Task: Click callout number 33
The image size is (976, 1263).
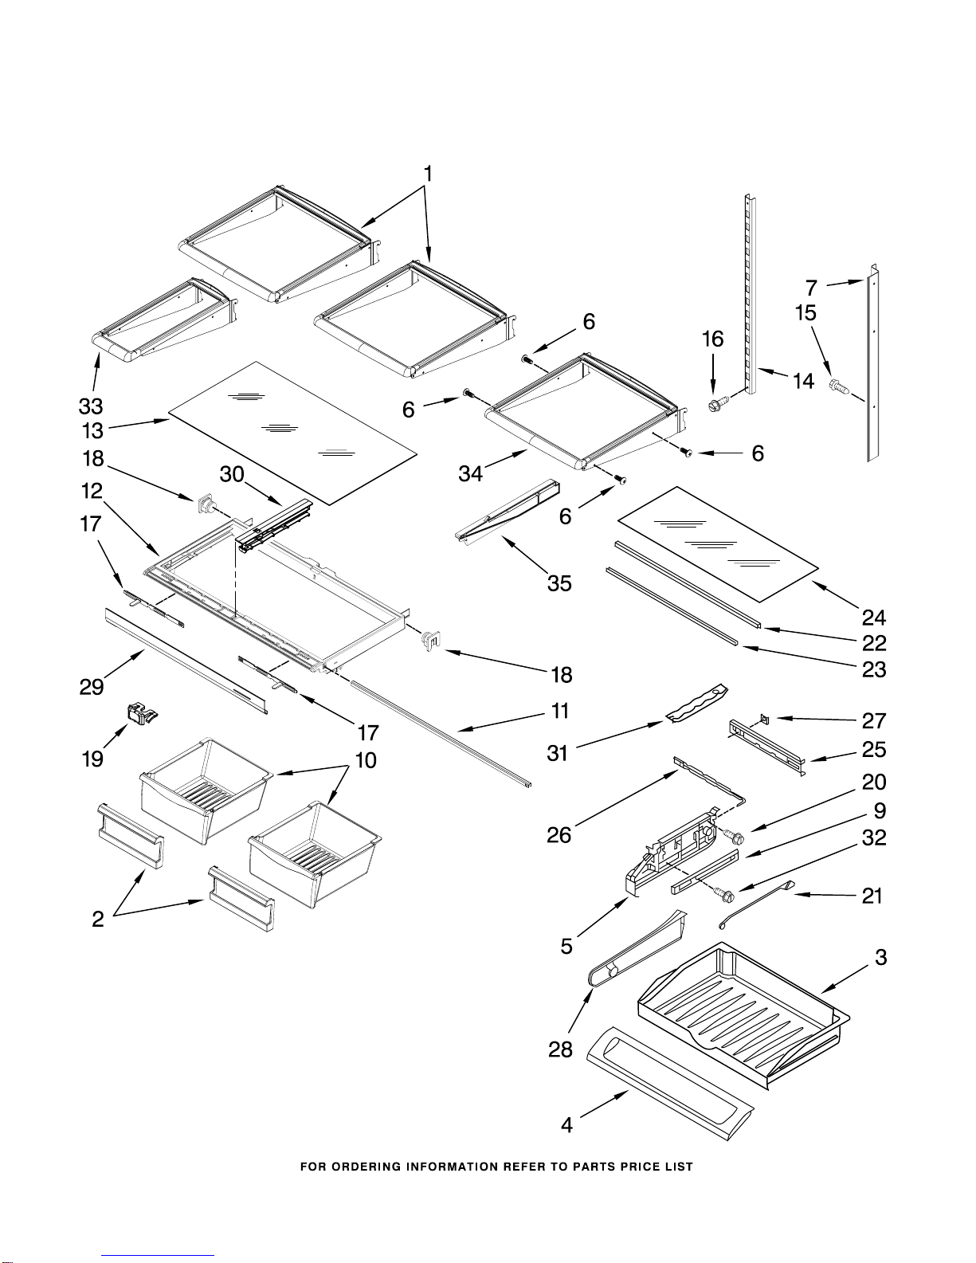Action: (91, 406)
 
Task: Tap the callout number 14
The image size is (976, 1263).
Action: (803, 382)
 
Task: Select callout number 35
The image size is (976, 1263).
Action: (559, 582)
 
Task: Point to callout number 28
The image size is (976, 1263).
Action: (560, 1049)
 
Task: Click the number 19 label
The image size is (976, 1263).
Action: (92, 759)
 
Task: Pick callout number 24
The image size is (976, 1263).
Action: (874, 617)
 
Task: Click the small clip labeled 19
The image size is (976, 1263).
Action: (139, 713)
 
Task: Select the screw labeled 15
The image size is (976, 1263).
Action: (838, 386)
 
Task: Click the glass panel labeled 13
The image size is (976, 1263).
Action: (292, 431)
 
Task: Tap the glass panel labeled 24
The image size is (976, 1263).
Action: (718, 543)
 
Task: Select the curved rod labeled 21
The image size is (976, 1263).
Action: (756, 905)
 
